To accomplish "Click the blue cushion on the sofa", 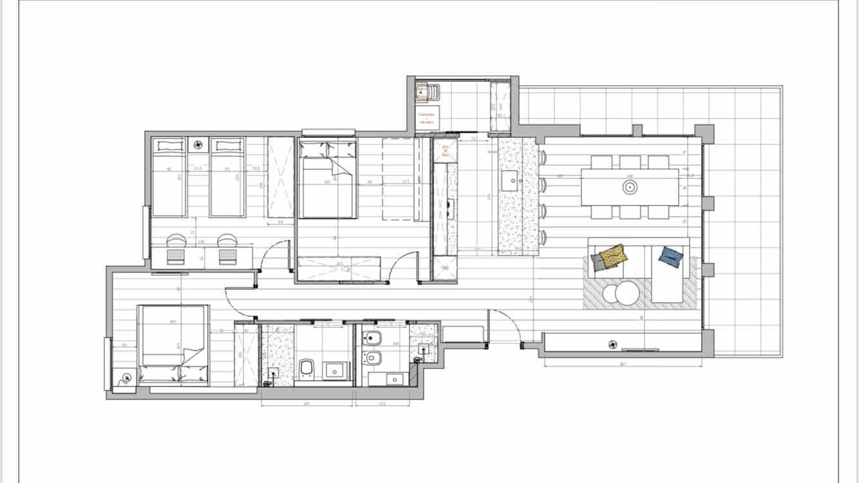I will pos(670,256).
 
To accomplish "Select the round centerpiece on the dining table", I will pos(630,187).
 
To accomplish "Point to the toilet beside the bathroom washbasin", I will pos(307,368).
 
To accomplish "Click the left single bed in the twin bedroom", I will pos(169,178).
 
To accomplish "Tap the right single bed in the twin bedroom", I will pos(227,178).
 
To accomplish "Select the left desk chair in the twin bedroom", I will pos(176,240).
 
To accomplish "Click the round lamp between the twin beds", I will pos(198,146).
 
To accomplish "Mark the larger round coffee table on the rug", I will pos(627,294).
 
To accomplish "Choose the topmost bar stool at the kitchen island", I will pos(543,157).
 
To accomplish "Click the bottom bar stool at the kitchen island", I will pos(543,238).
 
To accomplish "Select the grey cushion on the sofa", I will pos(597,261).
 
